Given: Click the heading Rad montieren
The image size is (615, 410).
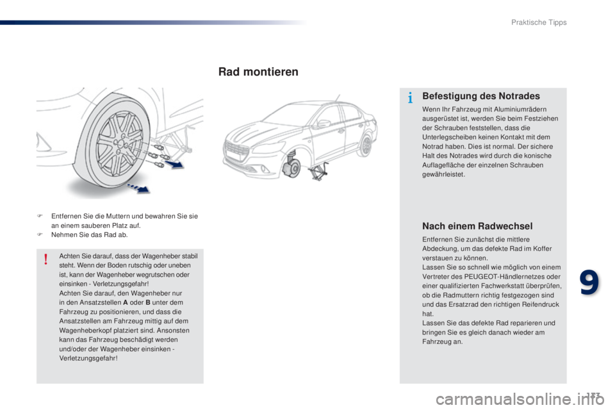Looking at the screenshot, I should tap(258, 72).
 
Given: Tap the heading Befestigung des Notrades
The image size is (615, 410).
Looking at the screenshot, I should tap(481, 96).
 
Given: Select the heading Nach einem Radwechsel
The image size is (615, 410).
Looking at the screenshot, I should tap(477, 225).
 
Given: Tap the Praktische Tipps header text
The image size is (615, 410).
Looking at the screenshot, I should tap(539, 22).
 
